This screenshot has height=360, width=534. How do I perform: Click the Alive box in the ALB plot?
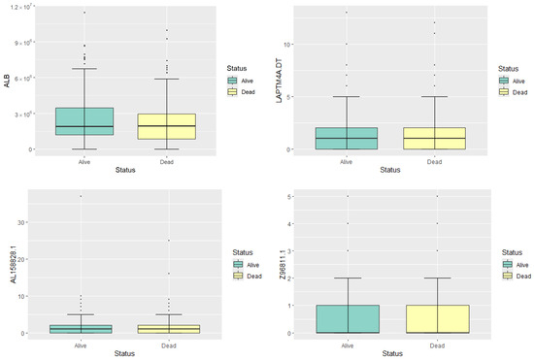coord(85,121)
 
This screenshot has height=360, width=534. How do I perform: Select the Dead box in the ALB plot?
coord(166,127)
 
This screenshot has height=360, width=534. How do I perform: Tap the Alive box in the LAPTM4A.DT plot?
coord(347,139)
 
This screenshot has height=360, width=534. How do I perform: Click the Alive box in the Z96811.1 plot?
coord(347,319)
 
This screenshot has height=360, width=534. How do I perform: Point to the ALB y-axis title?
coord(7,81)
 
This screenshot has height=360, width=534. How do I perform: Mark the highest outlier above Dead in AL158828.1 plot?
coord(166,241)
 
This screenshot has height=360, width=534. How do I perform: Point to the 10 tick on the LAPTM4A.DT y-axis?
coord(294,44)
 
